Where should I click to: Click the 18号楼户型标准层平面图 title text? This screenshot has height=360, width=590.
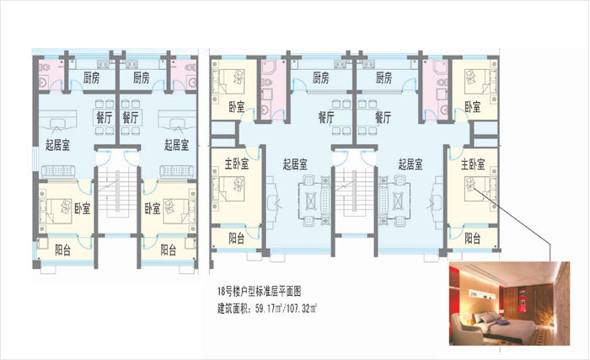(259, 291)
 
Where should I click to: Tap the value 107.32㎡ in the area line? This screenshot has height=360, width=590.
(302, 309)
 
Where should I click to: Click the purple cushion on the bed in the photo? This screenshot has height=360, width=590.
(500, 322)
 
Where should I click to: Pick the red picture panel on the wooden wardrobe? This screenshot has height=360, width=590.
(522, 300)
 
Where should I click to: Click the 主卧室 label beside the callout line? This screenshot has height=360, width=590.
(473, 164)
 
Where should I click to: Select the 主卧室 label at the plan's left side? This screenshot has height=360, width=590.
(237, 164)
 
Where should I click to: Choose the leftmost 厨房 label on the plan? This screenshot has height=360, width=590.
(91, 78)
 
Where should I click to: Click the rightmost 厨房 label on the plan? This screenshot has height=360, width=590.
(383, 78)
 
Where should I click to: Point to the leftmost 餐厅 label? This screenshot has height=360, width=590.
(105, 118)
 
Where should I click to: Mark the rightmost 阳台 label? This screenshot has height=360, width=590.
(473, 238)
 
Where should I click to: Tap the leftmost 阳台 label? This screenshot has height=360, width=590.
(63, 250)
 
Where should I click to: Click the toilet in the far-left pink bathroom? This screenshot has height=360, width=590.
(45, 68)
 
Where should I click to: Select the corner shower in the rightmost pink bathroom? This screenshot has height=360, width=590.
(440, 67)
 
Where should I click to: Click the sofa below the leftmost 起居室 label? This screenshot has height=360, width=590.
(58, 171)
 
